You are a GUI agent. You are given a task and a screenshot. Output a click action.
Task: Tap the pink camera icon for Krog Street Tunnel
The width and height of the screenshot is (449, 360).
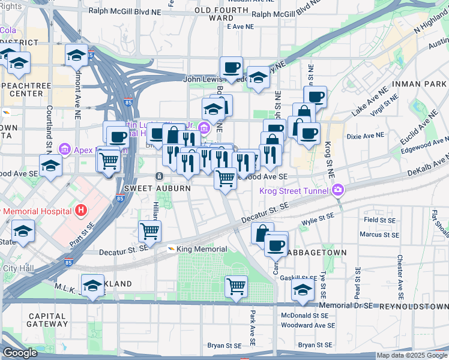339,190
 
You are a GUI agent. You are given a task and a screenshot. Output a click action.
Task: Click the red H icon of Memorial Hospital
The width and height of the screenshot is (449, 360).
80,211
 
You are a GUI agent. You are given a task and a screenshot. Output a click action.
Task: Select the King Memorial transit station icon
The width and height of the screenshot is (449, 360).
170,249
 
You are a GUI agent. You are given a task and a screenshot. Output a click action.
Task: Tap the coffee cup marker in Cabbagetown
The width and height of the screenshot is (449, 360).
276,245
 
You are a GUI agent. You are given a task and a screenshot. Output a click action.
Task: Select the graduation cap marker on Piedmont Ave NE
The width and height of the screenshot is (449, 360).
76,56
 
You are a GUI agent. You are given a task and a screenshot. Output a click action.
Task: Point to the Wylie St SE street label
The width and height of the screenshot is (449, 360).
321,221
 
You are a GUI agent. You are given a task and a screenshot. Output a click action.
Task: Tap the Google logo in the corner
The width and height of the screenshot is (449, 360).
20,353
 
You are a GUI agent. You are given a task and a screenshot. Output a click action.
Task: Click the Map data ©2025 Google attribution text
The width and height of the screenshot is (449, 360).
412,355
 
